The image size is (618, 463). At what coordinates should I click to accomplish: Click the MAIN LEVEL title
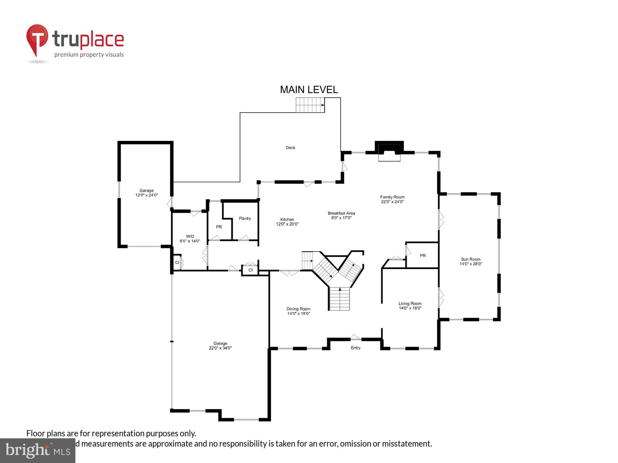[x=309, y=90]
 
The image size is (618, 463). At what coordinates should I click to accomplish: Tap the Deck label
[x=290, y=148]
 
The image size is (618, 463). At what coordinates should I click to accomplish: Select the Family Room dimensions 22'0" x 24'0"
[x=392, y=202]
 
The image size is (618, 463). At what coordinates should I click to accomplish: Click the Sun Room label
[x=471, y=259]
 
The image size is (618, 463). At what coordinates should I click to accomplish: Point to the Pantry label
[x=245, y=219]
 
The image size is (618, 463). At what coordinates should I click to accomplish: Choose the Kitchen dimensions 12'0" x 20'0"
[x=287, y=224]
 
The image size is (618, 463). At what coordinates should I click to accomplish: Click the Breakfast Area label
[x=341, y=213]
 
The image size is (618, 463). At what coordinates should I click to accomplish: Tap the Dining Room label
[x=298, y=309]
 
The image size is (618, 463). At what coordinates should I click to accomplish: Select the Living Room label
[x=410, y=303]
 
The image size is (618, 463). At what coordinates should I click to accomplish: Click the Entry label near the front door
[x=356, y=348]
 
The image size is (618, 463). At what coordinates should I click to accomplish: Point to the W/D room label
[x=190, y=236]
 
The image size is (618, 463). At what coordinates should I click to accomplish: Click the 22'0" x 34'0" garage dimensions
[x=220, y=348]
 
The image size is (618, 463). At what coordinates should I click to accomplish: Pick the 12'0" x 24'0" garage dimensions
[x=146, y=195]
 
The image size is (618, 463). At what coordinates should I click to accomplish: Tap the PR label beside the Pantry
[x=219, y=227]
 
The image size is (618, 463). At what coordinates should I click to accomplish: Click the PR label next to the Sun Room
[x=423, y=256]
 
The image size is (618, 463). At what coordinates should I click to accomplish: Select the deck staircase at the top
[x=310, y=105]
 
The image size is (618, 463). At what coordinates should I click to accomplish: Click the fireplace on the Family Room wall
[x=389, y=151]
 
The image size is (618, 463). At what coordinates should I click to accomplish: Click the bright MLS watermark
[x=37, y=450]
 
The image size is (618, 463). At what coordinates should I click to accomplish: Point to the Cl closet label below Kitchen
[x=250, y=270]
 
